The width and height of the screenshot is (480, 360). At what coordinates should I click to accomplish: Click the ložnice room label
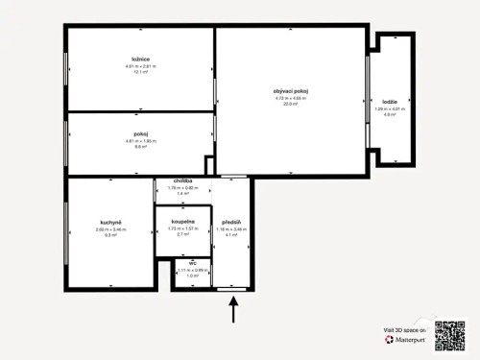pyautogui.click(x=140, y=59)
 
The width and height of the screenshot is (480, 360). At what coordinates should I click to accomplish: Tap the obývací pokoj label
pyautogui.click(x=291, y=90)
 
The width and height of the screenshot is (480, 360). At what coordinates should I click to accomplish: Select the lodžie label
pyautogui.click(x=390, y=101)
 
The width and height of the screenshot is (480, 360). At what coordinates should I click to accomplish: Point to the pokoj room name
pyautogui.click(x=140, y=133)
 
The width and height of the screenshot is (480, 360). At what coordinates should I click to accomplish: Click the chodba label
pyautogui.click(x=183, y=180)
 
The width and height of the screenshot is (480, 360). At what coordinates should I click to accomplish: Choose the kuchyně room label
pyautogui.click(x=109, y=222)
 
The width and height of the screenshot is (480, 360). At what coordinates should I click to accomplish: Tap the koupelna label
pyautogui.click(x=182, y=221)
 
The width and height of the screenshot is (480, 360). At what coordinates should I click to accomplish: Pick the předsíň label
pyautogui.click(x=229, y=222)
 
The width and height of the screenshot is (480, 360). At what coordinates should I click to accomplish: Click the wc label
pyautogui.click(x=193, y=261)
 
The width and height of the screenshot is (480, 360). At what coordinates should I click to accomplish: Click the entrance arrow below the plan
pyautogui.click(x=233, y=310)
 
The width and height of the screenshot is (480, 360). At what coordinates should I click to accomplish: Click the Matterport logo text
pyautogui.click(x=408, y=339)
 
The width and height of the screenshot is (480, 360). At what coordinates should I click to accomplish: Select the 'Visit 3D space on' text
pyautogui.click(x=404, y=329)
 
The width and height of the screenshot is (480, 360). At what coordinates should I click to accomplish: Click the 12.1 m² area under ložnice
pyautogui.click(x=140, y=72)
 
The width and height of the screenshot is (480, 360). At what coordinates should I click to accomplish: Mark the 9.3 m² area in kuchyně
pyautogui.click(x=109, y=235)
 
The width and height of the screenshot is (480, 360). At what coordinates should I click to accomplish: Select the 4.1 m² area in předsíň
pyautogui.click(x=229, y=235)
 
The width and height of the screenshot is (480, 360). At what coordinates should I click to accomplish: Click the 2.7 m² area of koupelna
pyautogui.click(x=182, y=233)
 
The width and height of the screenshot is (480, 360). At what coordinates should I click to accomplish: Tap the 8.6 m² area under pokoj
pyautogui.click(x=140, y=147)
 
